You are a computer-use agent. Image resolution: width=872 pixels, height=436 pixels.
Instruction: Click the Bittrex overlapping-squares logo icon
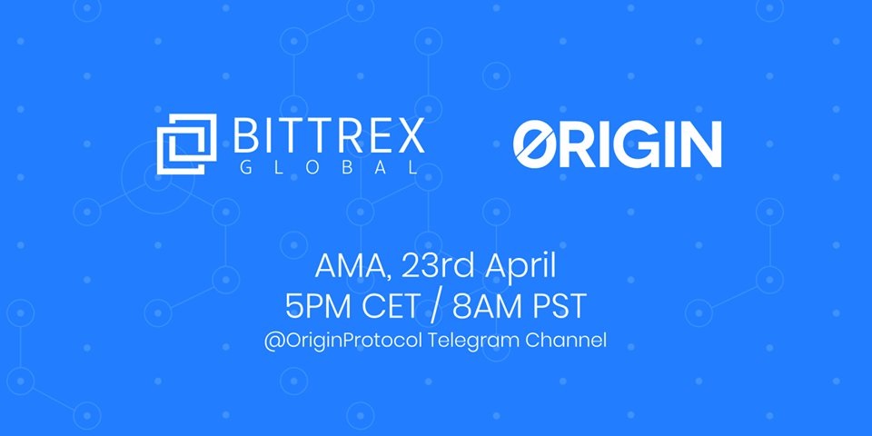click(x=186, y=144)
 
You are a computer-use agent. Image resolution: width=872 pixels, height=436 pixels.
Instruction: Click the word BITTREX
click(x=329, y=135)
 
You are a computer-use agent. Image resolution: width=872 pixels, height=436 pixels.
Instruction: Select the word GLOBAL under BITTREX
click(x=328, y=167)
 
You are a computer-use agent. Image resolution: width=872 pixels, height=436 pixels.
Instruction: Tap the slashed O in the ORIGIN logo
click(x=538, y=144)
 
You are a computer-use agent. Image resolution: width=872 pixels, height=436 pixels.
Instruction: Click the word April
click(x=520, y=267)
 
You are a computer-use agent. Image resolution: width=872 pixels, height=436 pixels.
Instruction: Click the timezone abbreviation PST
click(x=557, y=306)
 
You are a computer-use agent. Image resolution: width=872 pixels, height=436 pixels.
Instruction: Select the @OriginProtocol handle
click(x=344, y=341)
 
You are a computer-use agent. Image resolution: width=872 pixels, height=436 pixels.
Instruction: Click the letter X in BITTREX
click(x=411, y=135)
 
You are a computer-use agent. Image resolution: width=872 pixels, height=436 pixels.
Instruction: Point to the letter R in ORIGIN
click(x=582, y=144)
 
